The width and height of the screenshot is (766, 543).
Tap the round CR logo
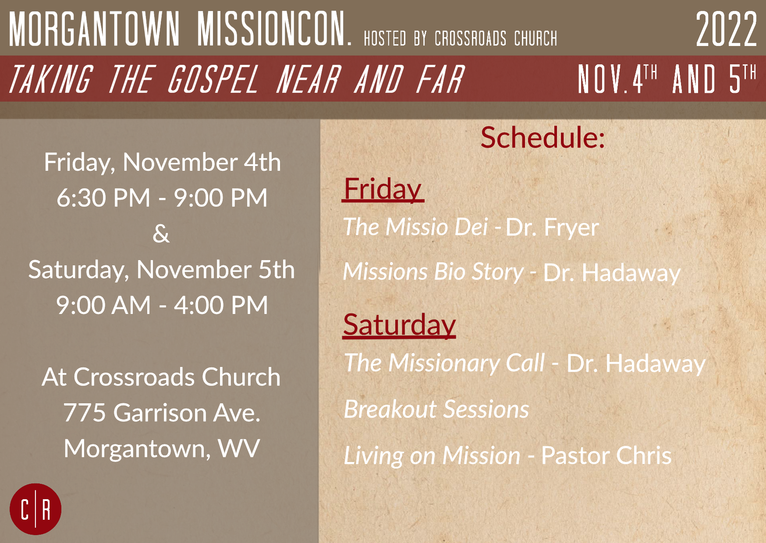[35, 509]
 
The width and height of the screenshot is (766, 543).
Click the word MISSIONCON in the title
[274, 29]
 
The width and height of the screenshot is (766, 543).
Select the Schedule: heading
[543, 138]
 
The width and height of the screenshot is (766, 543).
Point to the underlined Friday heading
[383, 189]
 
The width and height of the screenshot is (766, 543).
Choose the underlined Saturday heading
[400, 325]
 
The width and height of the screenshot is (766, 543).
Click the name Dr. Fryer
[552, 227]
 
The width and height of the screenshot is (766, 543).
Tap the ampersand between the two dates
[161, 233]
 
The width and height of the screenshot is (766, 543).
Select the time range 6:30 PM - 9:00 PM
[162, 197]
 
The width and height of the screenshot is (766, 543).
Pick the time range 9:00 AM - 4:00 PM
[162, 305]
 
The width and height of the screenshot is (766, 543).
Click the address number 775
[85, 413]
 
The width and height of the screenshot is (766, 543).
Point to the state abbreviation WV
[239, 448]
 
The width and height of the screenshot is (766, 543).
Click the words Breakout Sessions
[436, 409]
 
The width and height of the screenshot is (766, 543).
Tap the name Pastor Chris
[606, 456]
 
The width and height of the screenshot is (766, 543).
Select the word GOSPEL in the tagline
[213, 79]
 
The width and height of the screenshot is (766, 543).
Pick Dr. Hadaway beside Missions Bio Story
[612, 273]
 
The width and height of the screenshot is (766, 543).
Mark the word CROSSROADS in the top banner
[471, 39]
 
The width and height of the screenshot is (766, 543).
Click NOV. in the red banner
[605, 79]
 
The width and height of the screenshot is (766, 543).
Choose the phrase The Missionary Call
[444, 363]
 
